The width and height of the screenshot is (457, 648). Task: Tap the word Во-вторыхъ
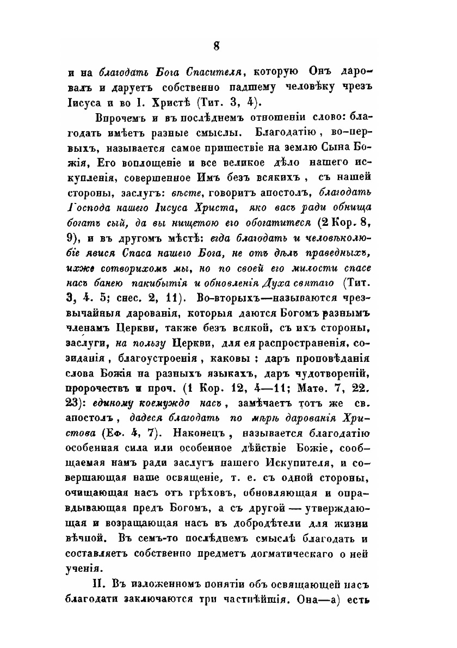click(x=234, y=300)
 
